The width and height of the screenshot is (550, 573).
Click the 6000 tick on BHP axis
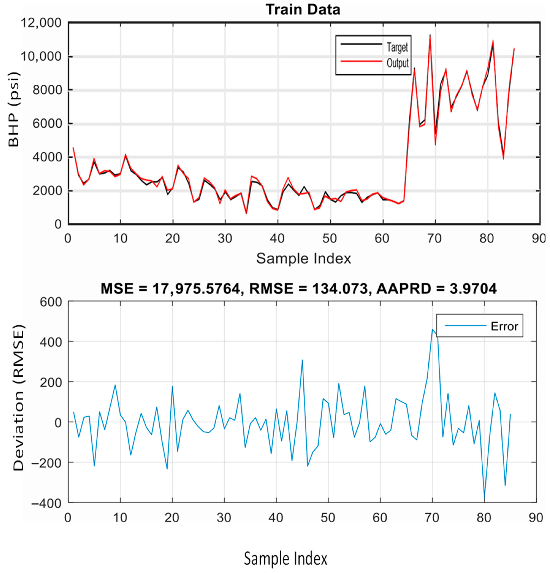click(x=48, y=124)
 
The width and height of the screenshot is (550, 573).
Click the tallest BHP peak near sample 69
click(x=430, y=35)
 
